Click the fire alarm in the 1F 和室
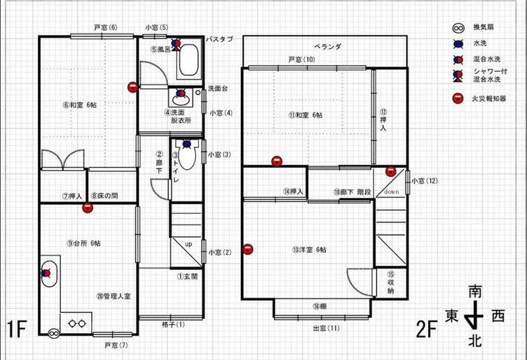132,87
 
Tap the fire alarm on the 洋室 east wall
249,249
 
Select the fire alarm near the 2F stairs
391,171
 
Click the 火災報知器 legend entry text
489,99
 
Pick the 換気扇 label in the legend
483,28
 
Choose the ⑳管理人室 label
113,296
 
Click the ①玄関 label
187,277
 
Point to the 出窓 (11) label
326,328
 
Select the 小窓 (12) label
424,181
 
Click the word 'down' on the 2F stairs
392,192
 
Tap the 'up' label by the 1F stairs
188,245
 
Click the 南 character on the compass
475,291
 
